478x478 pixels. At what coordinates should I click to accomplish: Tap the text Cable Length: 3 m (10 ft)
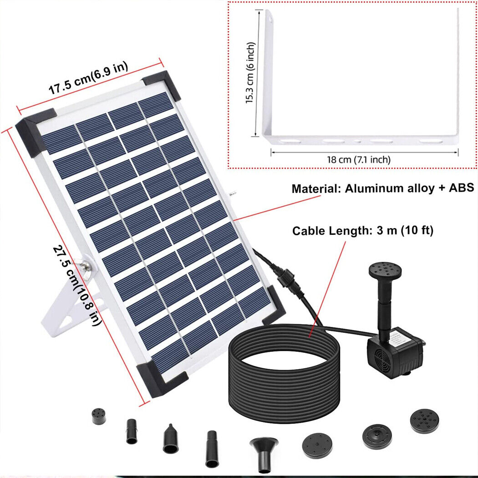pyautogui.click(x=363, y=231)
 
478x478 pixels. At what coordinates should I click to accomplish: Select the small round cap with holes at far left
pyautogui.click(x=98, y=416)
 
